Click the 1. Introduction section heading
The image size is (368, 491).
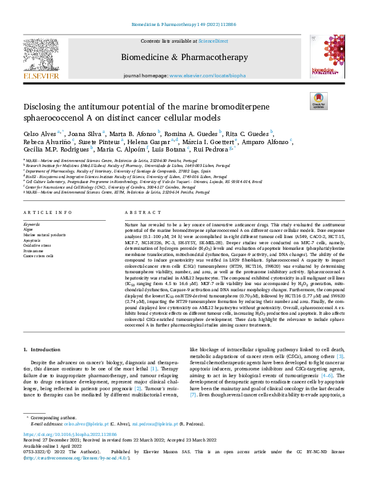43,350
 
